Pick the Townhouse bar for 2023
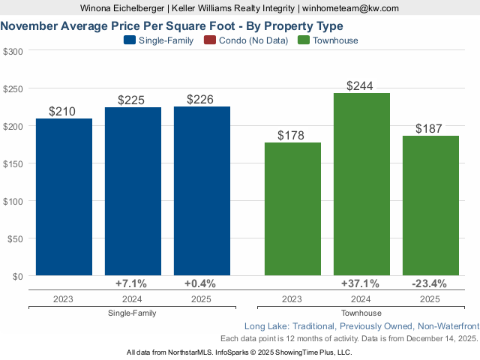click(292, 209)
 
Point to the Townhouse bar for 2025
click(430, 205)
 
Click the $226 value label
click(202, 100)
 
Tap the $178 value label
click(292, 136)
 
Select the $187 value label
click(430, 129)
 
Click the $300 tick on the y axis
click(13, 51)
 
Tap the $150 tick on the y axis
click(13, 163)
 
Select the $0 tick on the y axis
click(17, 276)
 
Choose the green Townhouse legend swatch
click(303, 40)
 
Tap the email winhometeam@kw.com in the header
click(350, 8)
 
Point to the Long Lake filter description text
click(361, 326)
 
